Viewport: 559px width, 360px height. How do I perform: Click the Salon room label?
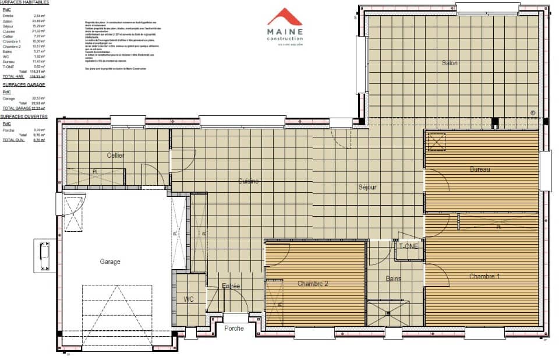450,63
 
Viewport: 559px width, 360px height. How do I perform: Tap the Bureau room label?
480,169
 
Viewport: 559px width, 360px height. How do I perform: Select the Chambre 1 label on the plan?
484,276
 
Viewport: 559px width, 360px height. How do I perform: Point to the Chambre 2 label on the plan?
313,284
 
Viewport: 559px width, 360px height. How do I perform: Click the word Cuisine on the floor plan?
249,181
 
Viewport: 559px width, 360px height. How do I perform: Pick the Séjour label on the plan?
367,187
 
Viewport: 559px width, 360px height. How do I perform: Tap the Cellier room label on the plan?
116,156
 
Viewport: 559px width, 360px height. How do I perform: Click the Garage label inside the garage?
110,262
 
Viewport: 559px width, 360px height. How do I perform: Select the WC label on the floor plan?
189,299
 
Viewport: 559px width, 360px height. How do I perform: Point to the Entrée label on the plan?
231,286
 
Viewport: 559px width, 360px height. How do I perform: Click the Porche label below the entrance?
235,328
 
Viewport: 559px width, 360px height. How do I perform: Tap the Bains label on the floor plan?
394,279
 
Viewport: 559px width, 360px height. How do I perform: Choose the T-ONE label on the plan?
408,246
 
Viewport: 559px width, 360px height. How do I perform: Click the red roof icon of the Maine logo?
285,17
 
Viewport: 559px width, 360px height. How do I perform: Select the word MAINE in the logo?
285,32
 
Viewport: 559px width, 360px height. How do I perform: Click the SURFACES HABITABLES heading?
24,2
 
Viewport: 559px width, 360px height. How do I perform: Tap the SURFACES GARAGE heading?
20,84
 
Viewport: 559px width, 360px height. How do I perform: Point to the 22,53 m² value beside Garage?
39,98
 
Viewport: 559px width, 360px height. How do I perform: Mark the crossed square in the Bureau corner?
436,142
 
